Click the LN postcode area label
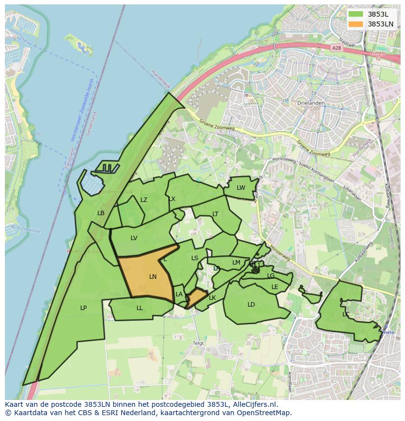(x=153, y=277)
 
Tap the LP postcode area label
(x=84, y=308)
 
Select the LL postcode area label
(x=140, y=308)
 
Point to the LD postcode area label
(x=251, y=305)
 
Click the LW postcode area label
(x=241, y=188)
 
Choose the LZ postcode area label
(x=144, y=200)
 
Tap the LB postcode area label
(x=101, y=213)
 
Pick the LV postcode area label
(x=134, y=238)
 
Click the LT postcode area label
(x=215, y=214)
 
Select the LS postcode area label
(x=195, y=258)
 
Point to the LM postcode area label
(x=236, y=263)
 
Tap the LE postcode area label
(x=275, y=287)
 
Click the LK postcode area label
(x=212, y=298)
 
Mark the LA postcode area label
(x=179, y=294)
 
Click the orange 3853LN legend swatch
(x=356, y=24)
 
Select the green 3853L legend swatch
(x=356, y=14)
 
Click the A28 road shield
(x=336, y=48)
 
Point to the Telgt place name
(x=198, y=343)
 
